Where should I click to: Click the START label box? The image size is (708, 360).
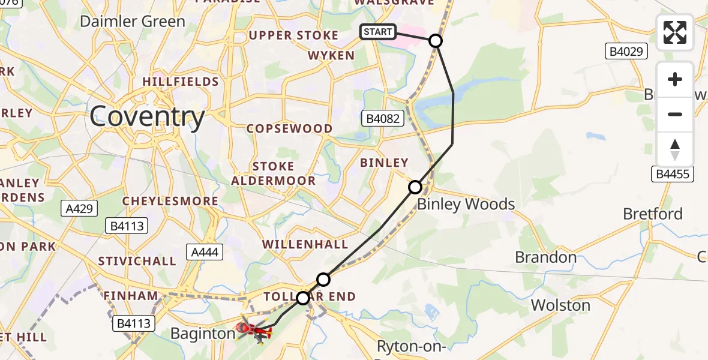point(378,32)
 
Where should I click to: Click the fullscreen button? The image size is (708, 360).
point(675,32)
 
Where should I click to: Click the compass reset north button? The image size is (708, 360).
point(675,149)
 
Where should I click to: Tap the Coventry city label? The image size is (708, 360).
point(147,118)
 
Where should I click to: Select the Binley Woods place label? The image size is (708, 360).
point(466,204)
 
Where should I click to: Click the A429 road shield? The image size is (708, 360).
point(79,208)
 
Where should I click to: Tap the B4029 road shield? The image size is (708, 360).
point(626,52)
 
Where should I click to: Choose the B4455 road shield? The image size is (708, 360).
point(672,174)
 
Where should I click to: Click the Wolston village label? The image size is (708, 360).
point(560,305)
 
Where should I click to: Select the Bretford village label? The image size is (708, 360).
point(653,214)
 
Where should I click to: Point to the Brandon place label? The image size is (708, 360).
point(545,257)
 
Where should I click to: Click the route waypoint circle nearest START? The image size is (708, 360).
point(436,41)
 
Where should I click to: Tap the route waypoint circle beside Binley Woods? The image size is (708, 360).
point(415,187)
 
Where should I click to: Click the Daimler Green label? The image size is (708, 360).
point(133,22)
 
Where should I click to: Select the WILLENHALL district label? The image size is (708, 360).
point(305,244)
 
